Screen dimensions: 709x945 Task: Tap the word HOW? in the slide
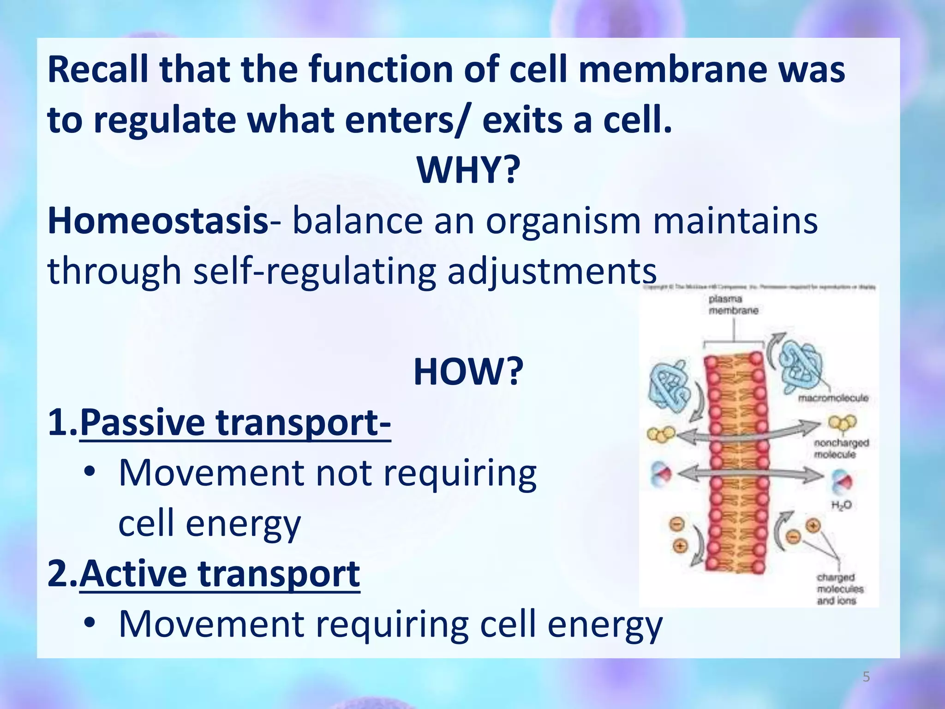[468, 372]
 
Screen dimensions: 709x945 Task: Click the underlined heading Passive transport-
[235, 422]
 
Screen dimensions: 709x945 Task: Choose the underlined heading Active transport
[220, 574]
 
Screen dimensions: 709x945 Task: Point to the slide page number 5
[866, 677]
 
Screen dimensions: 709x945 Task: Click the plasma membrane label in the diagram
[733, 305]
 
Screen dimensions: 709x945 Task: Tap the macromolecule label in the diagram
[833, 398]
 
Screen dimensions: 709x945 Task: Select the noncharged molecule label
[841, 449]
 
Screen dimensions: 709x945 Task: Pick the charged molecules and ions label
[840, 589]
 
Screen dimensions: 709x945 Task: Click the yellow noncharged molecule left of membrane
[661, 434]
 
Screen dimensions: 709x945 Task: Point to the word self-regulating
[314, 271]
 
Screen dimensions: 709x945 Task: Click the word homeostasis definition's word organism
[563, 221]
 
